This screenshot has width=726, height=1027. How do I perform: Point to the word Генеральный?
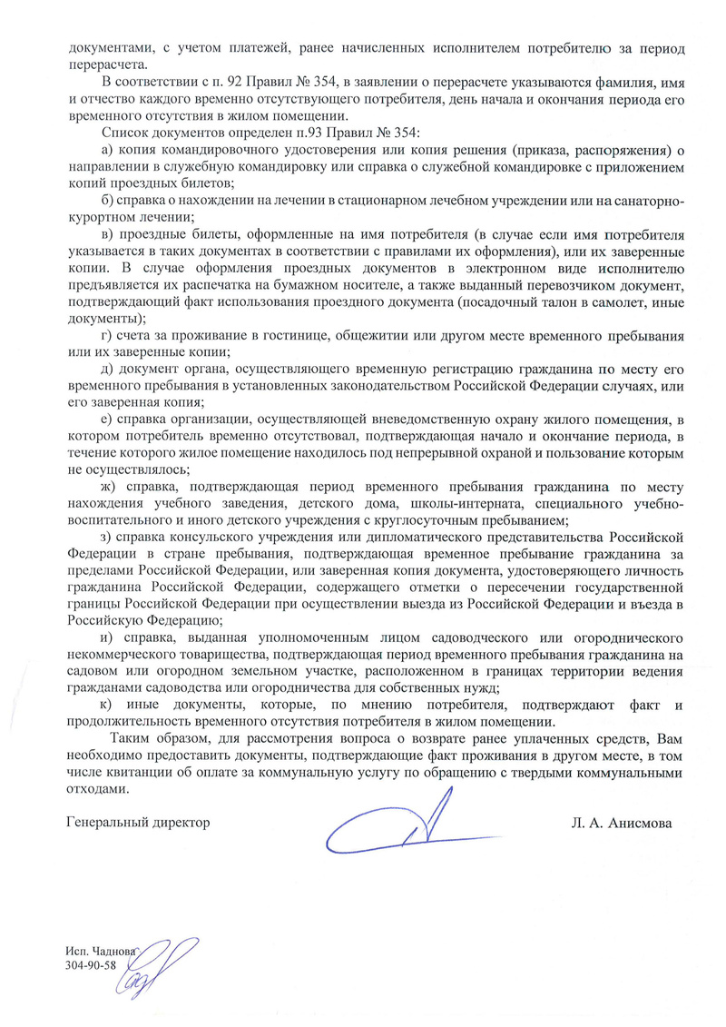(104, 823)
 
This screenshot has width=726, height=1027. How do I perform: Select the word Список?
(123, 133)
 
